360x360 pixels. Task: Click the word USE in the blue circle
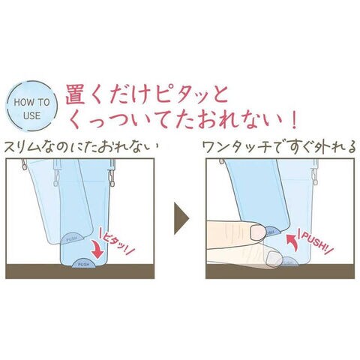[32, 116]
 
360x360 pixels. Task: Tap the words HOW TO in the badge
[31, 103]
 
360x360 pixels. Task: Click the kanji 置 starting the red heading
[75, 96]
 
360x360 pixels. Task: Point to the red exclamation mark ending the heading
[294, 119]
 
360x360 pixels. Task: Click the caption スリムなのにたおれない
[81, 147]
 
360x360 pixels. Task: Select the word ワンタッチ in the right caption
[236, 147]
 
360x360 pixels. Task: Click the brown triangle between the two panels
[181, 218]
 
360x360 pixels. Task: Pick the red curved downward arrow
[98, 249]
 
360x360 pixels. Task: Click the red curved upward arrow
[292, 242]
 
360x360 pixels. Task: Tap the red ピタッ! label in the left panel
[117, 241]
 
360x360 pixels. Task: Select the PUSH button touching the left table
[83, 263]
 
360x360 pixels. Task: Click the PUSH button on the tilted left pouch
[73, 238]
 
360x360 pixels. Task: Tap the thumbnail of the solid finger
[258, 232]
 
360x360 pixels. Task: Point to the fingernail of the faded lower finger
[274, 259]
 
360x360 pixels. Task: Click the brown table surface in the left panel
[80, 271]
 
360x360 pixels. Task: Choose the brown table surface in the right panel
[280, 271]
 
